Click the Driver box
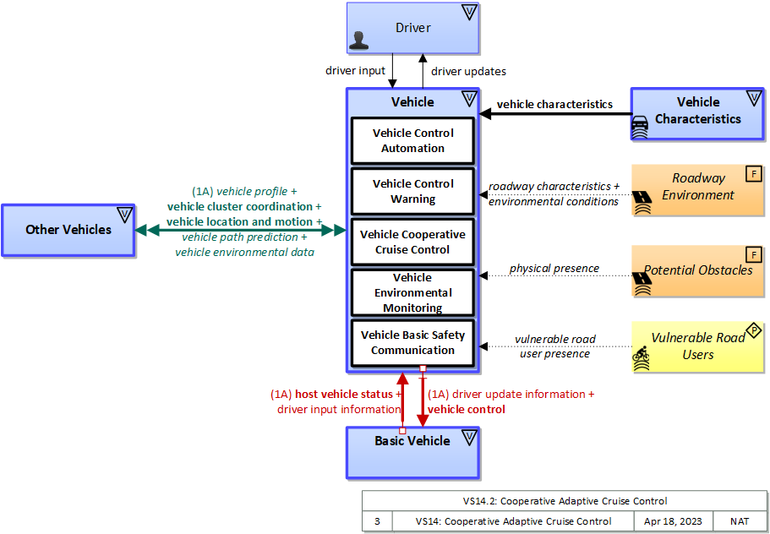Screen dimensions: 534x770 (x=412, y=29)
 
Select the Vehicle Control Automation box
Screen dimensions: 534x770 (x=412, y=141)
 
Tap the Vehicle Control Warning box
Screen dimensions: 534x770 (x=412, y=192)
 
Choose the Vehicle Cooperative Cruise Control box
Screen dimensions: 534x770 (x=412, y=242)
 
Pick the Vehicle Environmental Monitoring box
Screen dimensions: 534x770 (x=412, y=292)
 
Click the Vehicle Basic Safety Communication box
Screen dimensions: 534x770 (x=412, y=342)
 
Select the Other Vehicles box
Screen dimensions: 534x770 (x=68, y=230)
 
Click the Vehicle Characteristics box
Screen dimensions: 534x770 (x=697, y=112)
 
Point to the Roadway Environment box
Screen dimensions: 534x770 (x=697, y=187)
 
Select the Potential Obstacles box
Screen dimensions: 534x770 (x=697, y=270)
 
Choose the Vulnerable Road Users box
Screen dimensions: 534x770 (x=697, y=346)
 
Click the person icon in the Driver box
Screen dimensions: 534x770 (x=361, y=41)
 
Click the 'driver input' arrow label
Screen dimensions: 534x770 (x=355, y=71)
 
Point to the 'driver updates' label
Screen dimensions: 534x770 (x=468, y=72)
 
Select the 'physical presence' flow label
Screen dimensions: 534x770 (x=554, y=269)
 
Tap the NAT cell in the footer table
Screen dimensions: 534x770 (x=740, y=521)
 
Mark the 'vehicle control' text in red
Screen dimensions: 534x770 (x=467, y=409)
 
